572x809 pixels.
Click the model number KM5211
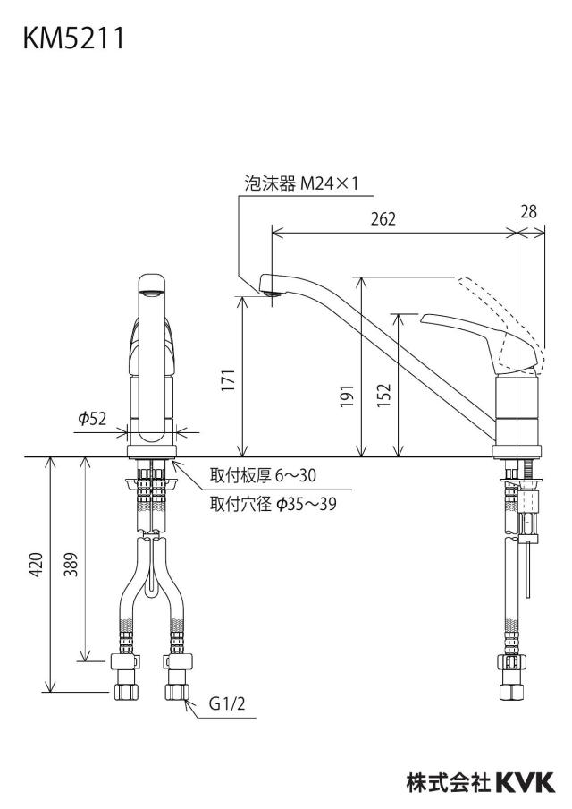73,38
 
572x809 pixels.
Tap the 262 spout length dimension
383,218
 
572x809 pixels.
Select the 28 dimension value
529,211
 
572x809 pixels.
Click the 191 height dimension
348,396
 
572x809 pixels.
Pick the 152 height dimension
384,396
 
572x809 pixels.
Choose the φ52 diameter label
92,419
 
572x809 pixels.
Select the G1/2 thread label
227,703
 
